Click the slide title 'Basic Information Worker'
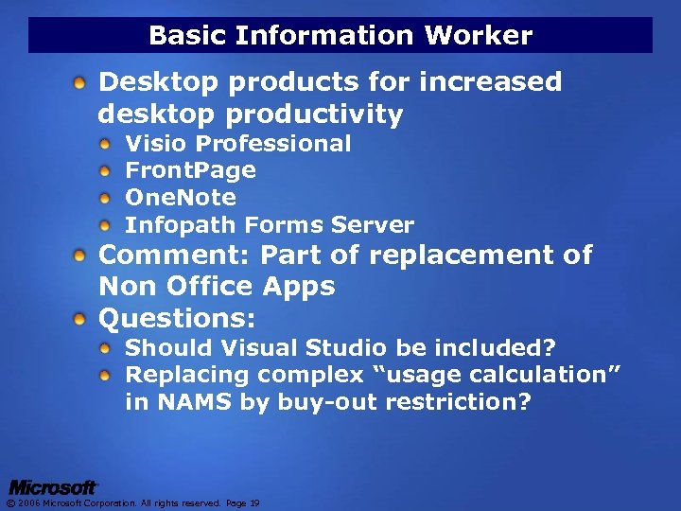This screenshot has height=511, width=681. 340,36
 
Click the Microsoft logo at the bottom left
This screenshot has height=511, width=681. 53,487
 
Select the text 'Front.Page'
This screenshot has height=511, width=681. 190,170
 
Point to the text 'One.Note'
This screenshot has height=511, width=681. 181,198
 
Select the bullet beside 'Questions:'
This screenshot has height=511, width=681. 84,317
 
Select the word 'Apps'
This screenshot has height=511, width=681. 298,286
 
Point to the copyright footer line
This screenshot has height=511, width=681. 132,503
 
